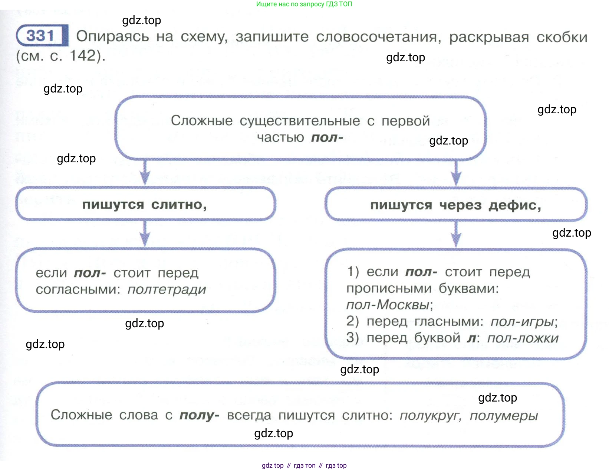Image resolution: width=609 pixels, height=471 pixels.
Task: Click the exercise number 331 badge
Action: click(x=42, y=36)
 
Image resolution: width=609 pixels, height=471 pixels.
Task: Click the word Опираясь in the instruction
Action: click(x=112, y=37)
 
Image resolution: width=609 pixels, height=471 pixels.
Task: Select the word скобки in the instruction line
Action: click(x=562, y=38)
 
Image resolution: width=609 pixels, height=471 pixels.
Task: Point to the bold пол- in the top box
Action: click(x=327, y=138)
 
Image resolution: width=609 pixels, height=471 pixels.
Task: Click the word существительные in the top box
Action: click(x=300, y=121)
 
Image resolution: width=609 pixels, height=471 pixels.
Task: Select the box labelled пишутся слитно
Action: click(x=145, y=204)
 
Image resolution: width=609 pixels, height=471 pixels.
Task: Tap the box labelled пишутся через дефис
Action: click(x=456, y=205)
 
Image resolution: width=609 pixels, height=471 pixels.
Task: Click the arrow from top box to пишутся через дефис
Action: click(x=457, y=173)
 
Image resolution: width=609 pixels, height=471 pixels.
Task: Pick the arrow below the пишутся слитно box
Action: click(x=145, y=234)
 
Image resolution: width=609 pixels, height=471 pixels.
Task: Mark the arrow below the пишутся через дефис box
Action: click(x=457, y=234)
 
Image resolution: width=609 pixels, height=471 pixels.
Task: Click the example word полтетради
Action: click(x=167, y=290)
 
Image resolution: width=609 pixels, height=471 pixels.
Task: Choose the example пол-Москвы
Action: click(x=388, y=305)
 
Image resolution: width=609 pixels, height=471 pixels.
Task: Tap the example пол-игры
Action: click(x=522, y=322)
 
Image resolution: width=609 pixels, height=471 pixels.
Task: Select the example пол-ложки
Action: click(x=522, y=338)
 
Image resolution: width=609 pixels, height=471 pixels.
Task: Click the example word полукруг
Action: click(x=430, y=416)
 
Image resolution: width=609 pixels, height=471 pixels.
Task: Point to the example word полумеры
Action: click(x=503, y=416)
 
